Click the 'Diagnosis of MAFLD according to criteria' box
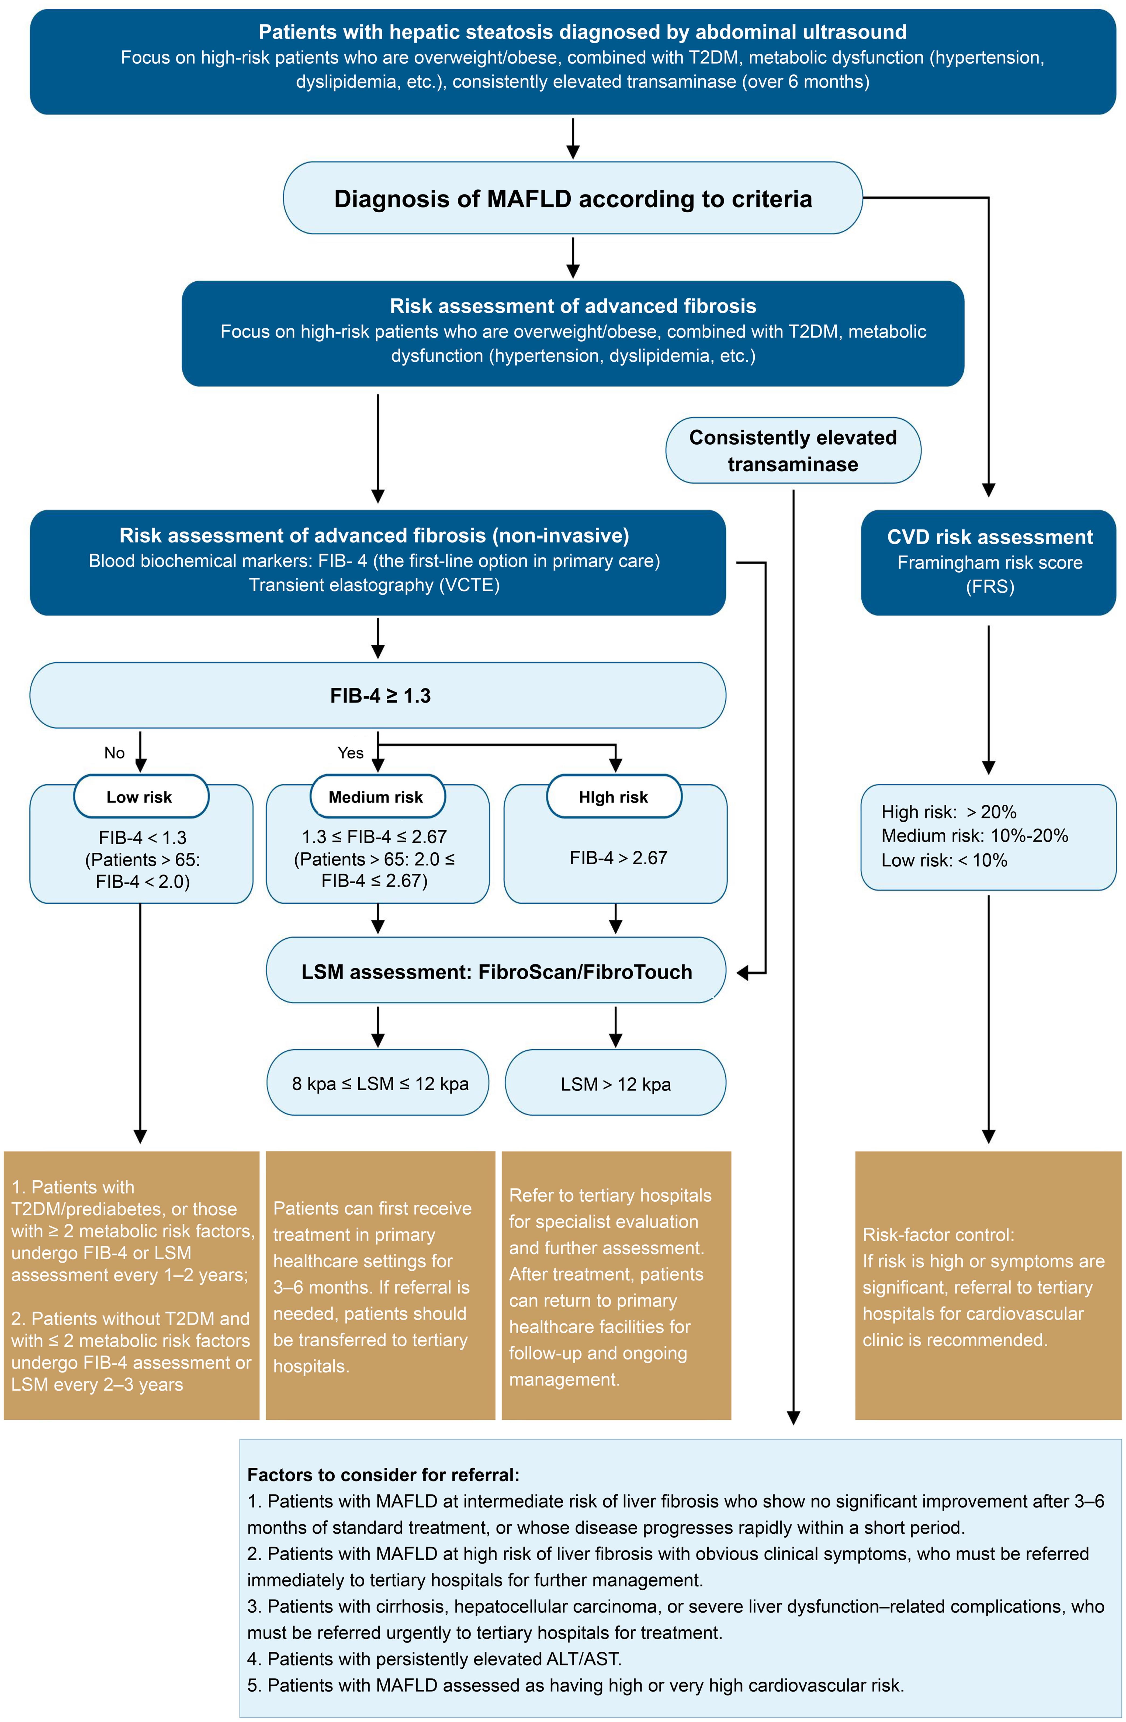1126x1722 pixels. tap(572, 198)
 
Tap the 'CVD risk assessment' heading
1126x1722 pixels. tap(989, 537)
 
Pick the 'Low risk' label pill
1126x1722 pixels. tap(140, 797)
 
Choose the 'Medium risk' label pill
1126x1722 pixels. tap(377, 797)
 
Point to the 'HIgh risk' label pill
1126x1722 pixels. tap(614, 797)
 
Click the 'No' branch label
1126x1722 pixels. tap(114, 752)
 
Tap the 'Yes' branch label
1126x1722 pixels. tap(350, 752)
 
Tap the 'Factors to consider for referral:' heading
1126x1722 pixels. tap(383, 1475)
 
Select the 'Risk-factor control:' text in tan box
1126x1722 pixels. tap(938, 1234)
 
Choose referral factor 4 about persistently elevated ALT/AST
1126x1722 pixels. tap(434, 1658)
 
